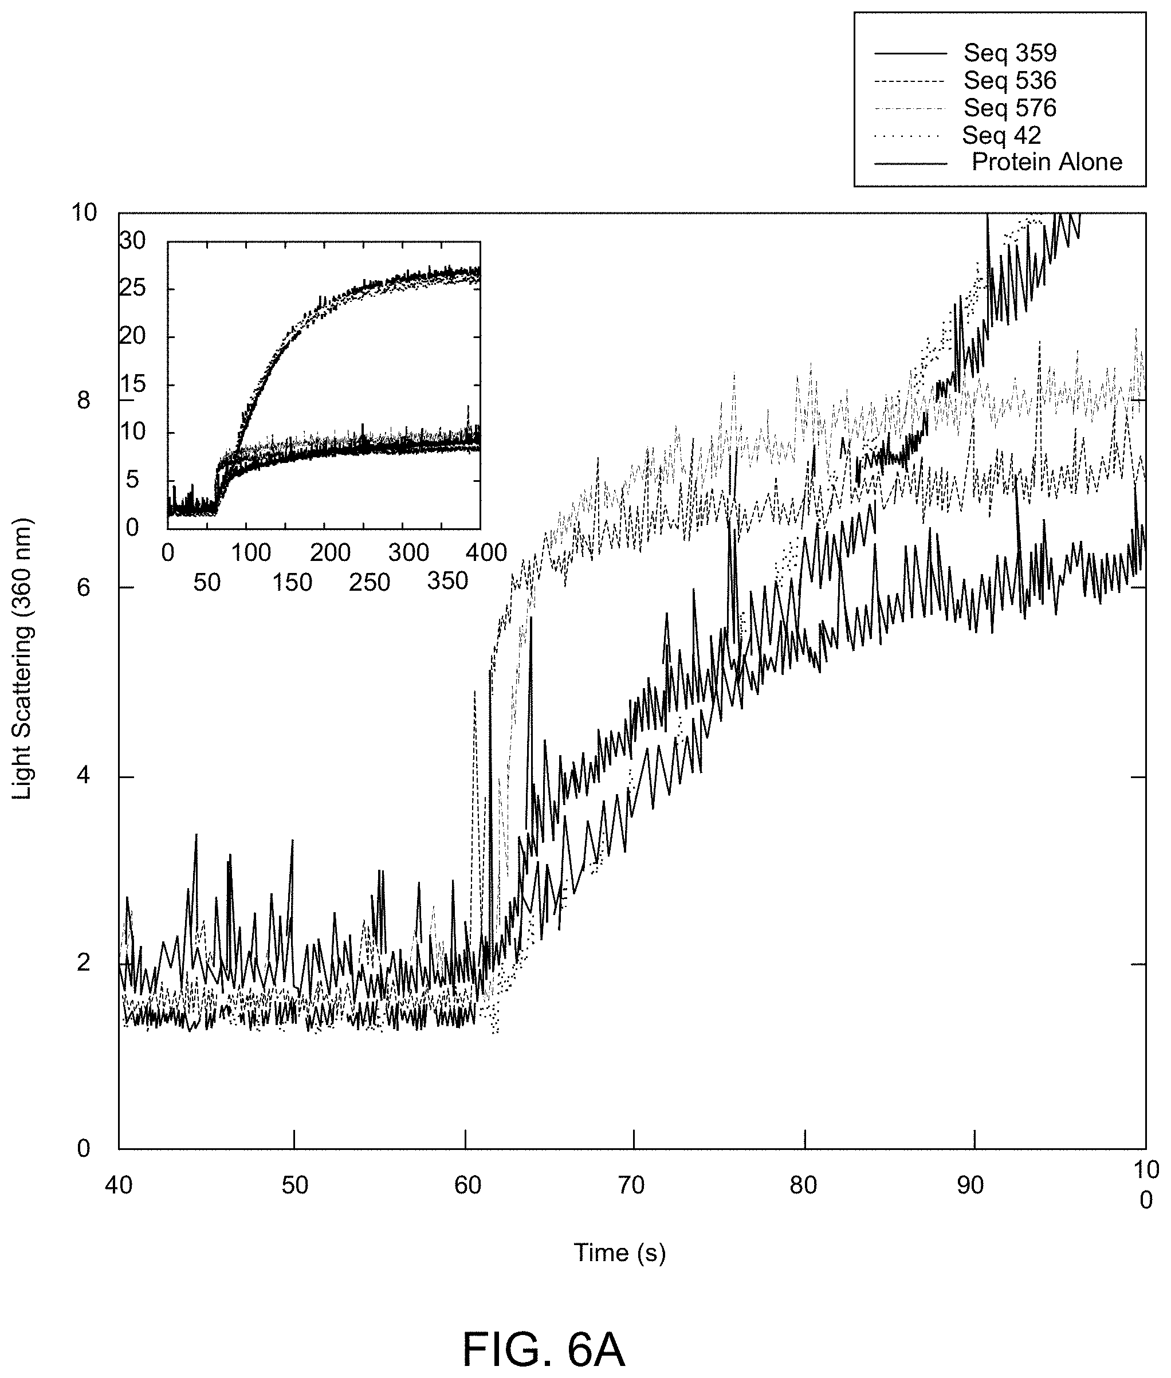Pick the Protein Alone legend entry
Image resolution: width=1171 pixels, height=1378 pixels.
pyautogui.click(x=1047, y=162)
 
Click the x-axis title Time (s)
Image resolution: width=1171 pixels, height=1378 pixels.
pyautogui.click(x=619, y=1253)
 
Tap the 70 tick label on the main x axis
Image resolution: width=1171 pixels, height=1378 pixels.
pyautogui.click(x=632, y=1185)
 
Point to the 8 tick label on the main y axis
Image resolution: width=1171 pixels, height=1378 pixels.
pyautogui.click(x=84, y=401)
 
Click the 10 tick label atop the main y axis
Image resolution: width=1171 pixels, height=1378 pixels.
pyautogui.click(x=84, y=213)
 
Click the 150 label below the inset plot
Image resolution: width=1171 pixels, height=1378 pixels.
pyautogui.click(x=292, y=582)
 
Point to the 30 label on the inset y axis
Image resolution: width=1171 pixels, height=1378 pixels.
pyautogui.click(x=132, y=240)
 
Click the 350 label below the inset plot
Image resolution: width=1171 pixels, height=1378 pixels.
pyautogui.click(x=448, y=581)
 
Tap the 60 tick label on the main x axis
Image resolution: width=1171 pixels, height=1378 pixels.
pyautogui.click(x=467, y=1185)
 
